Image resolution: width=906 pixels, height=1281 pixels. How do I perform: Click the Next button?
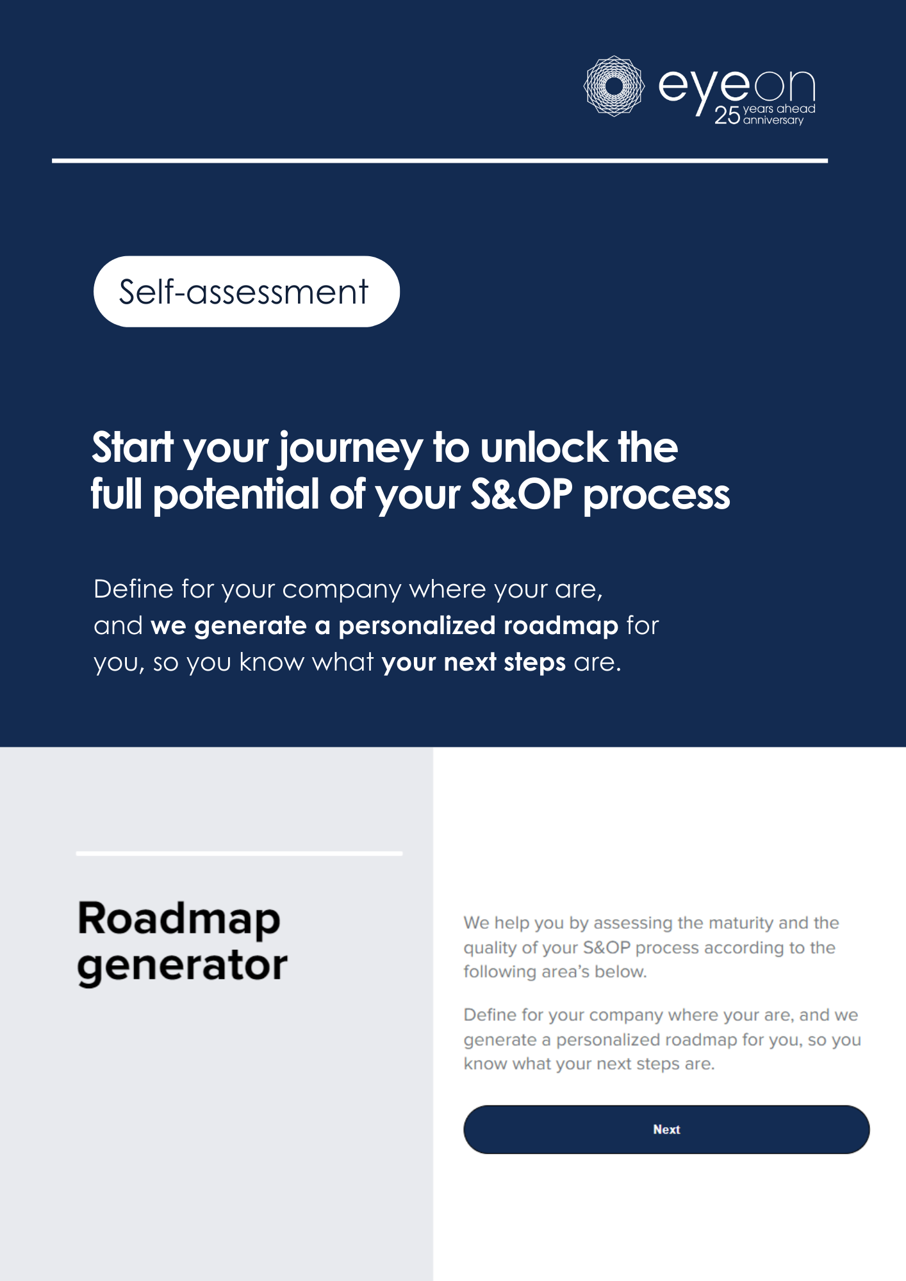666,1129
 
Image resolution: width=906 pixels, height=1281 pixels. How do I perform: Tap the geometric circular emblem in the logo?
614,86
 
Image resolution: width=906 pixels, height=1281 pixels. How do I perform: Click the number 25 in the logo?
727,115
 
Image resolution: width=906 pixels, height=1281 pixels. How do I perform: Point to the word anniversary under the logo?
773,120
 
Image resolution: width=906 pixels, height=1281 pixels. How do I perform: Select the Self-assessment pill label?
247,291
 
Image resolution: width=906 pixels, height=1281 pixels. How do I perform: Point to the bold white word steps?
535,663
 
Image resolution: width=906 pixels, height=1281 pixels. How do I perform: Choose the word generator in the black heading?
182,966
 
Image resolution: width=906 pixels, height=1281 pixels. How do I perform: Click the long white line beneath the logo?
440,161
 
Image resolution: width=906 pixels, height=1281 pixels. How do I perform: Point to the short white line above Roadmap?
239,854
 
